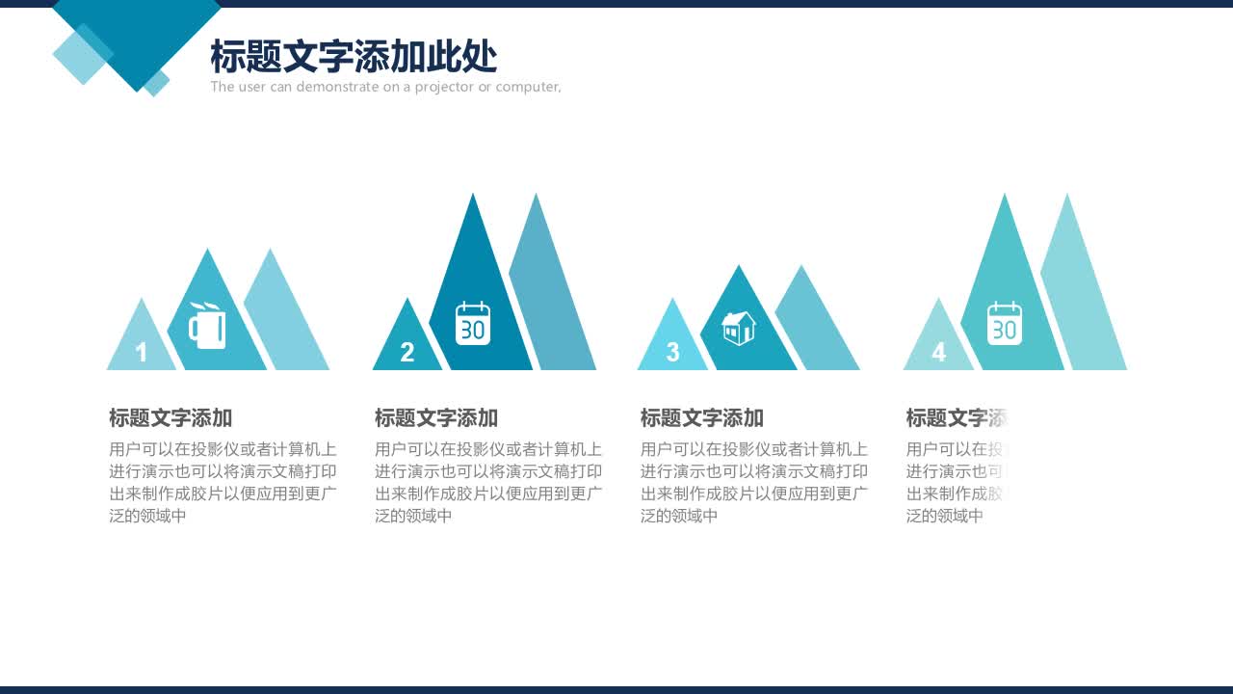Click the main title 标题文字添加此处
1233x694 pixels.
354,58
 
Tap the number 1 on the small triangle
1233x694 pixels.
142,353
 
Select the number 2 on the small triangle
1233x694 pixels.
407,353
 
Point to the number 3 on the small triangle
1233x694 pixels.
672,353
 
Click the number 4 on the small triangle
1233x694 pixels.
938,353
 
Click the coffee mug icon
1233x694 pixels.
208,326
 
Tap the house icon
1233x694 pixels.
739,328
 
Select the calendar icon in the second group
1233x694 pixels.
473,324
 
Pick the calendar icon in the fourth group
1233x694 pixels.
1004,324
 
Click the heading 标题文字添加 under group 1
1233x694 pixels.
171,418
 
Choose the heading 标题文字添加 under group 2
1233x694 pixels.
436,418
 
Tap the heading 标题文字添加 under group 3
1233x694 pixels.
702,418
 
